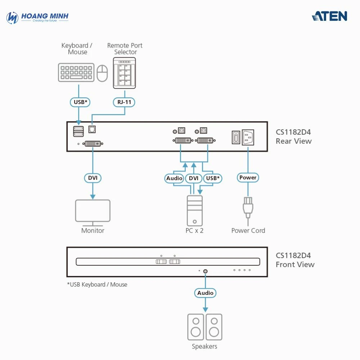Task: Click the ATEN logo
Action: (329, 16)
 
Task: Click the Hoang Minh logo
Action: (37, 17)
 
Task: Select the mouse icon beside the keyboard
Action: (103, 73)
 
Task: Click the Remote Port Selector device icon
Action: (125, 73)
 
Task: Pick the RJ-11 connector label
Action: (125, 102)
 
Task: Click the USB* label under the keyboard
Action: (80, 102)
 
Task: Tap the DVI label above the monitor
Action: (93, 178)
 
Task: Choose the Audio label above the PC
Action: (174, 178)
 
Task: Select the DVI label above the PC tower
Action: (194, 178)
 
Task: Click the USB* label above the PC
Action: (213, 178)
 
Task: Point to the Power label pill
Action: (248, 177)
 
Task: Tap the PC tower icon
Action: (195, 211)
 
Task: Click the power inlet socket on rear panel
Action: (248, 137)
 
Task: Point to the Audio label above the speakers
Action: (205, 293)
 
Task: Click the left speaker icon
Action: (196, 327)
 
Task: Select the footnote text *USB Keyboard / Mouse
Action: (97, 284)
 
